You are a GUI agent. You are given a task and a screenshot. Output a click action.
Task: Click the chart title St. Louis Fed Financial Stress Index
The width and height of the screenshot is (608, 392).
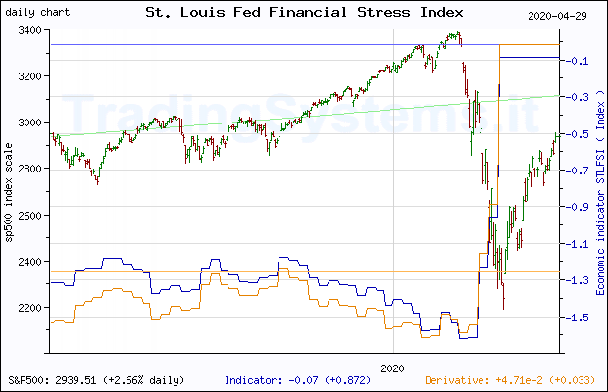(304, 14)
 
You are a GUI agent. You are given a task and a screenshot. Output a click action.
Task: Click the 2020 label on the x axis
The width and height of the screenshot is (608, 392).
(392, 367)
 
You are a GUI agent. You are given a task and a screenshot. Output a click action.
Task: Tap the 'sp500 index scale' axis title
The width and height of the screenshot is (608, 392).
(11, 191)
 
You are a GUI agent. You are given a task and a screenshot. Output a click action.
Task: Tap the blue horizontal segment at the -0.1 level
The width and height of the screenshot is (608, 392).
(530, 57)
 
